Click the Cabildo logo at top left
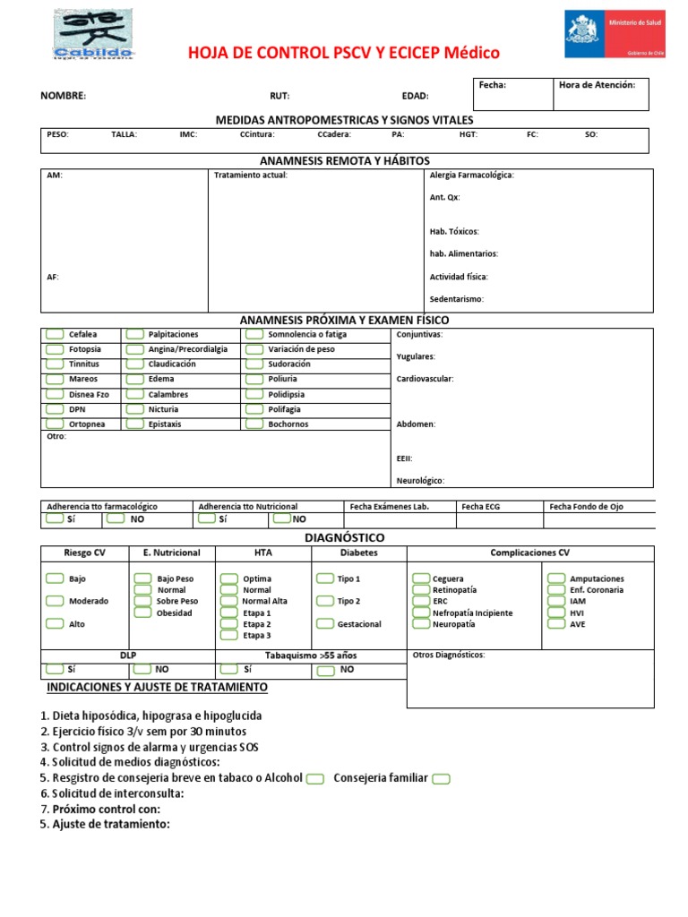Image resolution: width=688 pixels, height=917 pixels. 93,36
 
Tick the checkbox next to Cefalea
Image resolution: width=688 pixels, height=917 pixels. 54,335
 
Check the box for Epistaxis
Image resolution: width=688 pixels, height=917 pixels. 134,424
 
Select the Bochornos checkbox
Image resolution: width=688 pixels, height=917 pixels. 254,424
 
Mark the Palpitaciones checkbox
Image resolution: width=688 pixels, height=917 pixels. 134,335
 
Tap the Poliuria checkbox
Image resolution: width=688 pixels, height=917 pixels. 254,379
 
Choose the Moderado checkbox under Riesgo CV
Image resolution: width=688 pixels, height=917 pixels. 54,601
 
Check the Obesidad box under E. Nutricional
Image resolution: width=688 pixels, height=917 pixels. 142,613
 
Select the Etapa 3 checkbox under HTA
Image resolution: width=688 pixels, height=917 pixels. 229,636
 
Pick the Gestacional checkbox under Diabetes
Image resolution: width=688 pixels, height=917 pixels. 324,624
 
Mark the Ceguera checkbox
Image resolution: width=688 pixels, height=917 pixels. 420,579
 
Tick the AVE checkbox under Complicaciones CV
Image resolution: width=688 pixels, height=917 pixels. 555,624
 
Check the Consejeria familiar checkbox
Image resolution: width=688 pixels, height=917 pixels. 441,779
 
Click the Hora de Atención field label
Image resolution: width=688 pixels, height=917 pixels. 597,85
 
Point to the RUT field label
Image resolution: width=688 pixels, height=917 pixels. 279,96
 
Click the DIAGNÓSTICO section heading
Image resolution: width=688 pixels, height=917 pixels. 345,537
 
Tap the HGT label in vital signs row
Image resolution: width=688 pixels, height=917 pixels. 469,135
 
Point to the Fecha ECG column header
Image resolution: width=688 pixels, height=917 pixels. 481,507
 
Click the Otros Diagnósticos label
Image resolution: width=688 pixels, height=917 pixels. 449,656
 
